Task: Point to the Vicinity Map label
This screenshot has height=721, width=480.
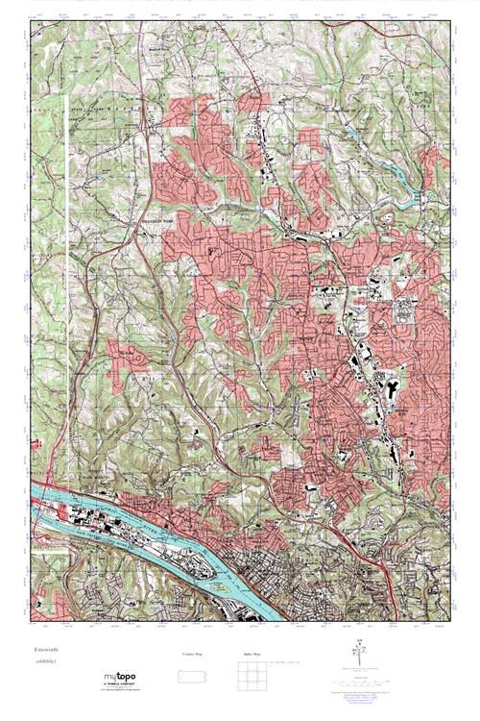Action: (192, 654)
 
